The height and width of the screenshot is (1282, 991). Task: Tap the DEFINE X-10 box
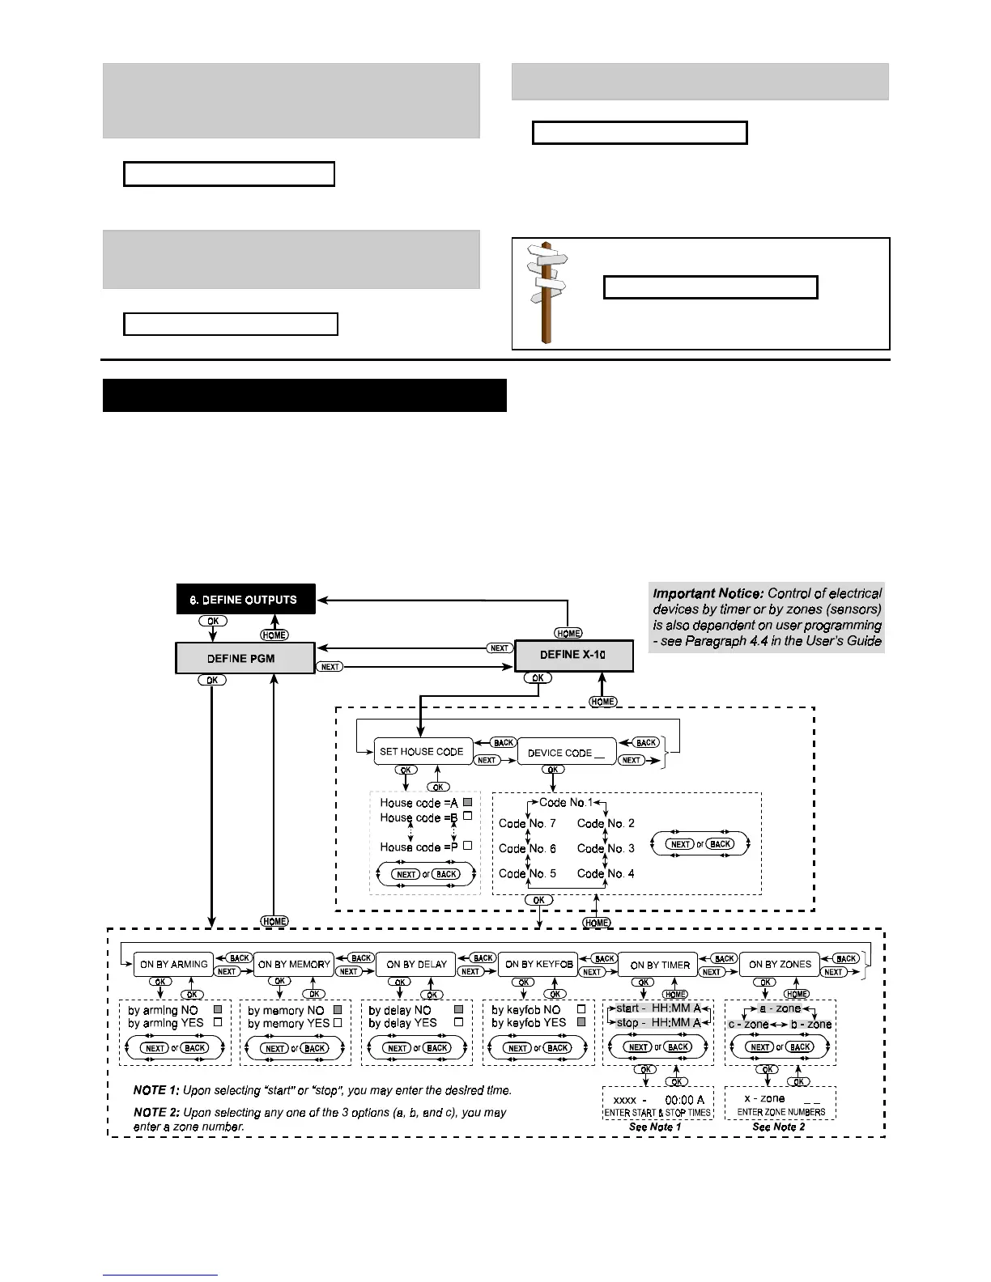click(573, 655)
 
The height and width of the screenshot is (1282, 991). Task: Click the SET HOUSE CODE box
click(421, 751)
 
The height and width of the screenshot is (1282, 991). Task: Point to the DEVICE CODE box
click(566, 752)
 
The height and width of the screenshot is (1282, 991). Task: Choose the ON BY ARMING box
click(173, 964)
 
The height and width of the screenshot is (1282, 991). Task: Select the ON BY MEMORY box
click(294, 964)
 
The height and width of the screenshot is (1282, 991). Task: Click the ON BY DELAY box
click(416, 964)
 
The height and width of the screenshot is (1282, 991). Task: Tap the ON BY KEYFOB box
click(538, 964)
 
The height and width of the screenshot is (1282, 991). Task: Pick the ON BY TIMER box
click(659, 964)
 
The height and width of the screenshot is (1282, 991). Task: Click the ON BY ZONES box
click(780, 964)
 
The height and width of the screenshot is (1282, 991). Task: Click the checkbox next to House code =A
click(467, 802)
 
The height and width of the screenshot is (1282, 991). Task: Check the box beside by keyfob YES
click(581, 1023)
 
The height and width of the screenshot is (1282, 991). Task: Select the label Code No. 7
click(527, 823)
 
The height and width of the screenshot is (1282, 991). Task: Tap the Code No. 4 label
click(606, 873)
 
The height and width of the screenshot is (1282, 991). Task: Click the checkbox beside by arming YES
click(217, 1023)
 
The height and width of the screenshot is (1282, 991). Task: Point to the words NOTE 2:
click(156, 1112)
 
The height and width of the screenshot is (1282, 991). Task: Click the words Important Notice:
click(708, 593)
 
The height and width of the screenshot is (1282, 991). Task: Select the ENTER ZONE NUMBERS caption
click(780, 1112)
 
